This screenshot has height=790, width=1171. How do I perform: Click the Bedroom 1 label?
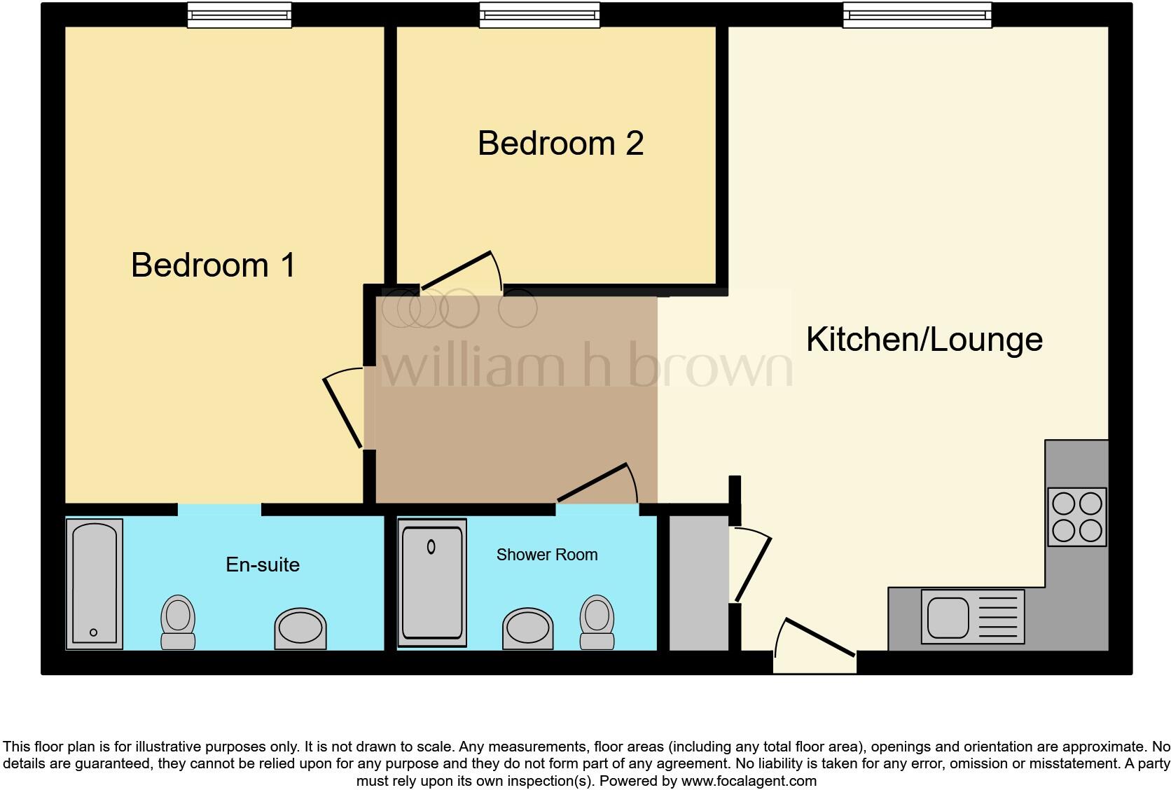[213, 265]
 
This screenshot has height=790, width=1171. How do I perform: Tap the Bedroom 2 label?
[560, 144]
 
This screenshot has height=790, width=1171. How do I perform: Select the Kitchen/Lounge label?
[924, 340]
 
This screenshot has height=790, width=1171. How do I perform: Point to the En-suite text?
[263, 564]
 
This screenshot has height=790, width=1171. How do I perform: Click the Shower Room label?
[547, 555]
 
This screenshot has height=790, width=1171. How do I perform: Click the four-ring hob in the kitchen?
[1077, 517]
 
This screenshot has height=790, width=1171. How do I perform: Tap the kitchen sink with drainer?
[972, 616]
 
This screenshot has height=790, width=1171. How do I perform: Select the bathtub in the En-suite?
[95, 583]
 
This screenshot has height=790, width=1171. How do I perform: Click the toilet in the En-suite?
[178, 622]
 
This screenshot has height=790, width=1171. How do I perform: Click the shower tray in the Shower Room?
[431, 583]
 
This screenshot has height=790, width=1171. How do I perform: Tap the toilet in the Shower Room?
[597, 621]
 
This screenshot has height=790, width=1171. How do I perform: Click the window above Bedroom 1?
[239, 15]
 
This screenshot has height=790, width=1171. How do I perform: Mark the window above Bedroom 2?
[539, 15]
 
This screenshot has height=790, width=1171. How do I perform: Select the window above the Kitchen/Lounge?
[917, 15]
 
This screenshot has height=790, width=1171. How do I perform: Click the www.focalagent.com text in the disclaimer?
[748, 781]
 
